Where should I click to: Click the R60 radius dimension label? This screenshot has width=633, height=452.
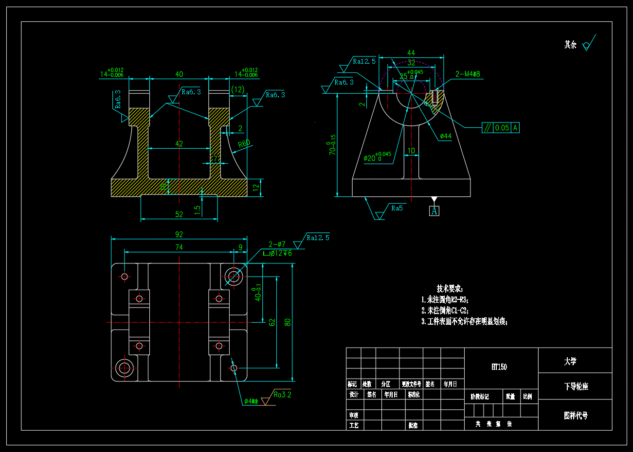pos(244,143)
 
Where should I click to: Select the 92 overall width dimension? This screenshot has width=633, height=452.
pos(179,234)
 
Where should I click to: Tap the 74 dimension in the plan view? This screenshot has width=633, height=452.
pos(179,247)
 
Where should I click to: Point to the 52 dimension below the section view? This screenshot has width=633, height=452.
pos(179,214)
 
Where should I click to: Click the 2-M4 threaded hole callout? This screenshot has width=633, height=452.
pos(468,74)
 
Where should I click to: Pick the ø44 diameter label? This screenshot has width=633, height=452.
pos(446,136)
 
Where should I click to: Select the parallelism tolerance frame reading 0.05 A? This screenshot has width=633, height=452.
pos(501,128)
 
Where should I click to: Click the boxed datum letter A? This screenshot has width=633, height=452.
pos(434,211)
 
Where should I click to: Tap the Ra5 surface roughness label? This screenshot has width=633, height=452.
pos(397,208)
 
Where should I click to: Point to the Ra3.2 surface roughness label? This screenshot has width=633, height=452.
pos(282,395)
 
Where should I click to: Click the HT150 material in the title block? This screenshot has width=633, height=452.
pos(499,367)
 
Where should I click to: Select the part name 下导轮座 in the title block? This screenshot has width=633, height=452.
pos(576,386)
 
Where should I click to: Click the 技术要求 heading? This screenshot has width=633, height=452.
pos(450,289)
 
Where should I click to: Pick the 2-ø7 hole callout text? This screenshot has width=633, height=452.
pos(277,244)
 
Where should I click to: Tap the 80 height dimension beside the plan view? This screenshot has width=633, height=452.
pos(288,322)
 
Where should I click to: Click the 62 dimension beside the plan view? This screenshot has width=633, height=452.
pos(272,322)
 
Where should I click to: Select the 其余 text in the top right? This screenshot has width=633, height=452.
pos(570,45)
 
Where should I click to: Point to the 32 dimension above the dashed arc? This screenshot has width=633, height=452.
pos(412,63)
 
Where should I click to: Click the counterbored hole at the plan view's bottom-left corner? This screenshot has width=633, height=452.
pos(124,367)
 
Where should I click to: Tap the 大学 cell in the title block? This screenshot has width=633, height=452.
pos(570,361)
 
